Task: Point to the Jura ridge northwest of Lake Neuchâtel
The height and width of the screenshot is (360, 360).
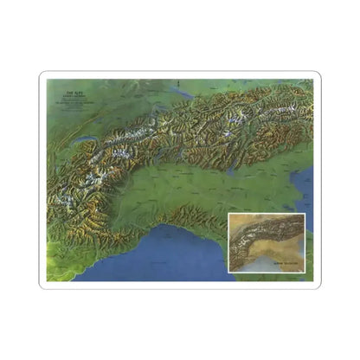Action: pos(74,112)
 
